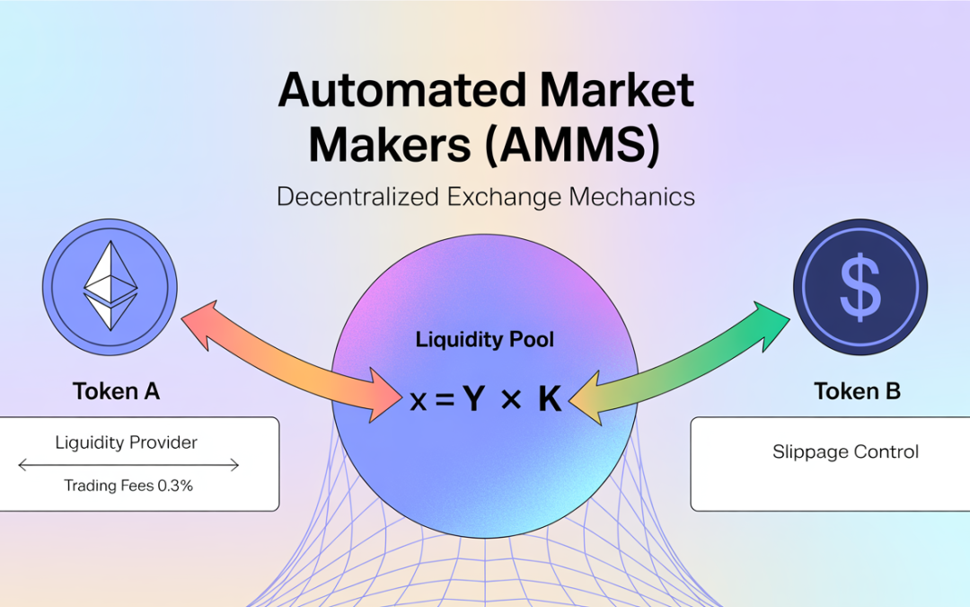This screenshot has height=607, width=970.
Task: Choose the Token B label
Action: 857,391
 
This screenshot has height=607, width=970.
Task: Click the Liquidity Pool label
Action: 485,340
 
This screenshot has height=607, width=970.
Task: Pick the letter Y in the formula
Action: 473,399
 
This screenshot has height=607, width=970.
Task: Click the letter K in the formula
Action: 549,399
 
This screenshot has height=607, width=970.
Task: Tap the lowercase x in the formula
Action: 418,401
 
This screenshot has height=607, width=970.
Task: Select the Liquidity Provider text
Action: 126,442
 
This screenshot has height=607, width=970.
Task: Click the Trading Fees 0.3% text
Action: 128,486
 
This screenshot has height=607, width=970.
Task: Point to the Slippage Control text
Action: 845,451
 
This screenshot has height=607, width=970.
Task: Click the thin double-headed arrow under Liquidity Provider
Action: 128,465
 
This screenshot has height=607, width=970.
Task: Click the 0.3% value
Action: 176,486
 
